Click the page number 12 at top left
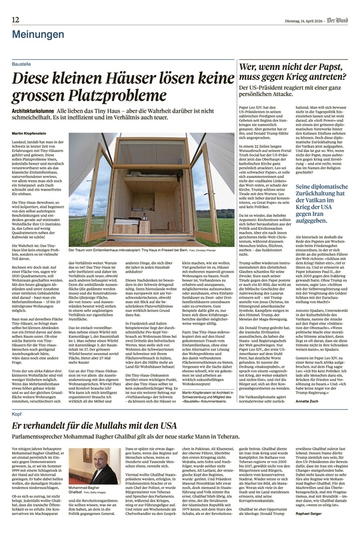(x=14, y=7)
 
